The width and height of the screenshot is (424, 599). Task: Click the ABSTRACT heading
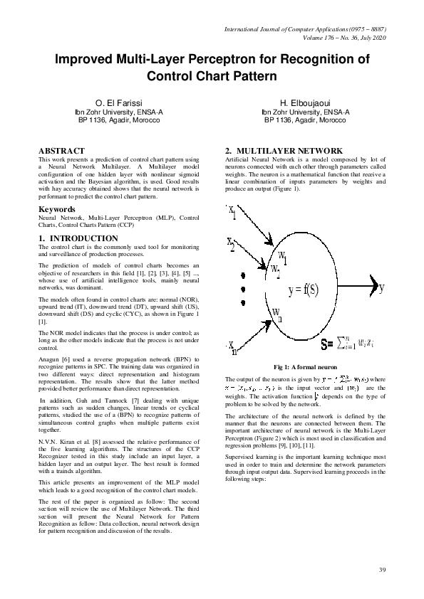tap(61, 151)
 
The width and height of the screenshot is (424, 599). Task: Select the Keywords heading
tap(56, 209)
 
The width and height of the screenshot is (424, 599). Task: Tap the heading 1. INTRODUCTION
tap(78, 238)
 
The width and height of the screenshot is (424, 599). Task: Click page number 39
tap(382, 570)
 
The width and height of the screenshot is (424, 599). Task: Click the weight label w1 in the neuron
tap(282, 256)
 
